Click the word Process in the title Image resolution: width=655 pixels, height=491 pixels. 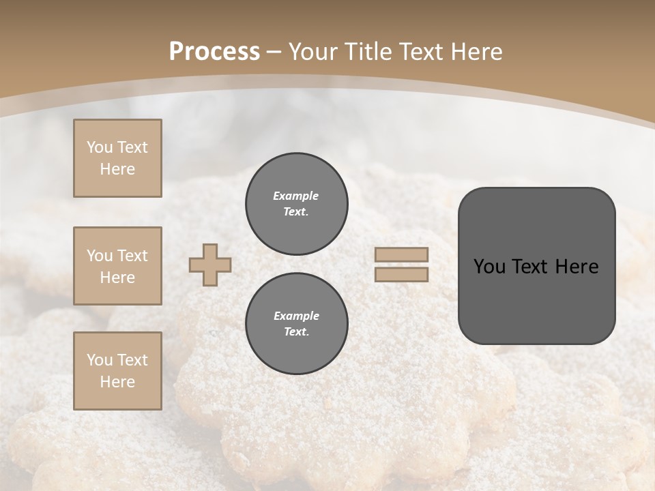(x=214, y=52)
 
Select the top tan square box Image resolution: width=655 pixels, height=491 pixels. (x=117, y=158)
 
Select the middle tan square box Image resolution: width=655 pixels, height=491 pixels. (x=117, y=266)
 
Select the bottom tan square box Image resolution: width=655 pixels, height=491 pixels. (x=117, y=370)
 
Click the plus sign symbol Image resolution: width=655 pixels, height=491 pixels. (x=210, y=265)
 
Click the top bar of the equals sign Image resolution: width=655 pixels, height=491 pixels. (x=402, y=255)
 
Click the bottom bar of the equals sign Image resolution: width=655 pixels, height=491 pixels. (x=402, y=274)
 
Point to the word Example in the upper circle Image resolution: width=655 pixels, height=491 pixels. (x=296, y=196)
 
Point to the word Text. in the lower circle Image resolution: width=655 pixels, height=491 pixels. (x=296, y=331)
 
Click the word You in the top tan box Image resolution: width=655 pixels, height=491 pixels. (x=100, y=147)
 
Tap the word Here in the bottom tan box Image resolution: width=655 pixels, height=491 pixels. (x=117, y=382)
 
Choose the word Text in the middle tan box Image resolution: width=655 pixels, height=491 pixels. (x=132, y=256)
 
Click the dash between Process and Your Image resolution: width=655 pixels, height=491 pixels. (x=274, y=52)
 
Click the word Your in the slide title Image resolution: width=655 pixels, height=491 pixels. (x=313, y=52)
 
